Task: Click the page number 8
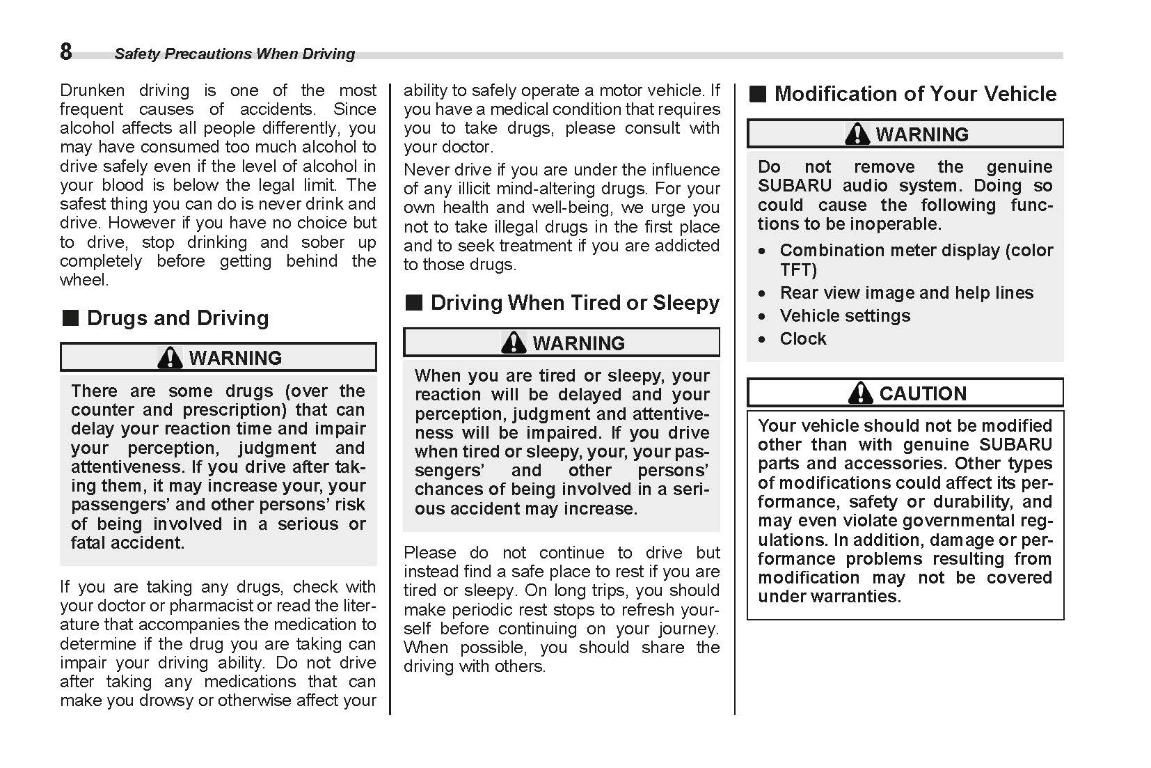(x=66, y=52)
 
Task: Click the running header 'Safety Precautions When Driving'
(x=235, y=54)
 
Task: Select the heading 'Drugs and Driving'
(x=177, y=318)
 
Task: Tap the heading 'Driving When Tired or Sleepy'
(x=575, y=303)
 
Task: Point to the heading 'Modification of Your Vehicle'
(x=915, y=94)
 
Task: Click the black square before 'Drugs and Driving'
(x=70, y=318)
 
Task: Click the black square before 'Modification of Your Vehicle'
(x=758, y=94)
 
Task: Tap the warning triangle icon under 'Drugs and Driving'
(x=169, y=358)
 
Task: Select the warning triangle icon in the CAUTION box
(x=860, y=393)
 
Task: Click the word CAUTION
(x=923, y=394)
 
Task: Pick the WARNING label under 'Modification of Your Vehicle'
(x=921, y=134)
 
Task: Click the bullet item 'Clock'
(x=803, y=339)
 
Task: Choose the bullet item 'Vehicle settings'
(x=845, y=316)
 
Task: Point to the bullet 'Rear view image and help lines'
(x=906, y=293)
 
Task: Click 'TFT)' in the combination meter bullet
(x=798, y=270)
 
